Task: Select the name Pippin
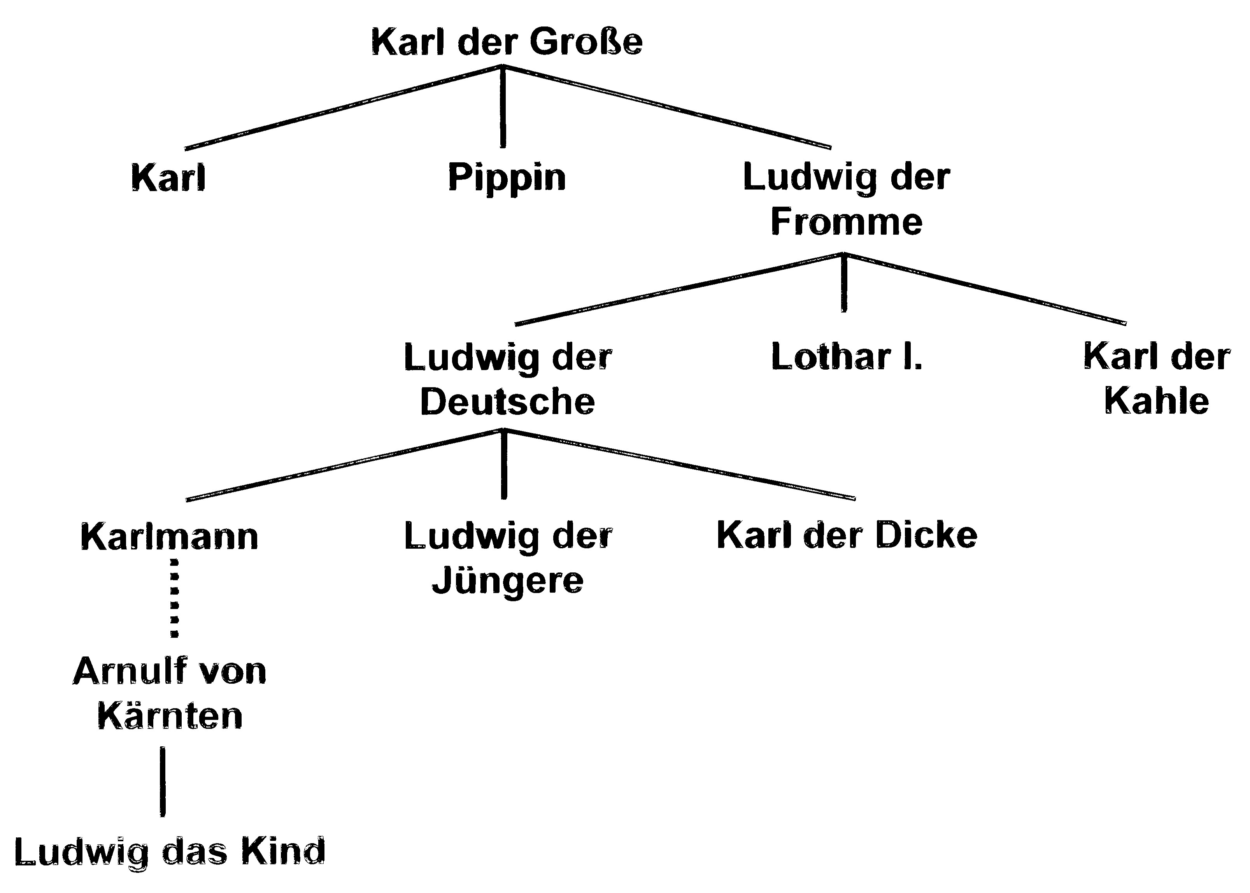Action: pos(507,177)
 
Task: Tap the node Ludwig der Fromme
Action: pos(847,199)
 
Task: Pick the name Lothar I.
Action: pos(847,357)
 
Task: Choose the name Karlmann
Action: pos(169,537)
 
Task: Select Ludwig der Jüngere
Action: pos(507,558)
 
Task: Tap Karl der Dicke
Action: pos(847,535)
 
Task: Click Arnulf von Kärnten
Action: pos(169,693)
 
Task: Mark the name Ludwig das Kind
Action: pos(169,852)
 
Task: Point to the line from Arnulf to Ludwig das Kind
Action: pos(163,781)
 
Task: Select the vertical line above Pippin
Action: pos(502,107)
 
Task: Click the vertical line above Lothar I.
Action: pos(844,283)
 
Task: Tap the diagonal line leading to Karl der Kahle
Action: pos(984,289)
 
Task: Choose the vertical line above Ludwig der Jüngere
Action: pos(504,465)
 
